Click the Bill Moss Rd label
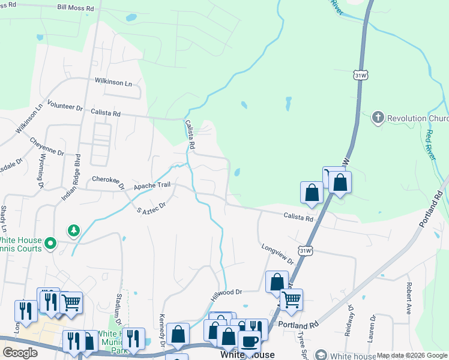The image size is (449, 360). [x=76, y=8]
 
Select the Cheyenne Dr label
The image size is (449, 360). [x=47, y=146]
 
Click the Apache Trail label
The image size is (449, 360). [x=152, y=186]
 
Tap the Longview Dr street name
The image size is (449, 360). [x=277, y=254]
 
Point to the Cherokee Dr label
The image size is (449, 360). [x=108, y=179]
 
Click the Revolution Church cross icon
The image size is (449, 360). [x=378, y=118]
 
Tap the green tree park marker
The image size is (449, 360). [x=73, y=230]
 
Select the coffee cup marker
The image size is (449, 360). [x=249, y=341]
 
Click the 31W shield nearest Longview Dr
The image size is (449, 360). [x=305, y=250]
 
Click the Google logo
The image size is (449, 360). [x=20, y=353]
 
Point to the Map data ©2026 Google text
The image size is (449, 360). [x=412, y=356]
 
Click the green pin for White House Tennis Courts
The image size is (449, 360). [x=51, y=244]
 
